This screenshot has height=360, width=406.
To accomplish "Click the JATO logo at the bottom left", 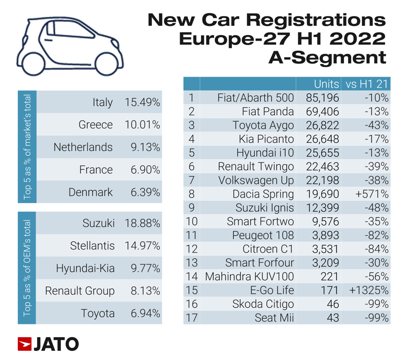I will tap(48, 344).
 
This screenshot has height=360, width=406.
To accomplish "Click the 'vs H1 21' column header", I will tap(366, 84).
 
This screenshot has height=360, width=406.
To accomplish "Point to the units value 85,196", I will tap(323, 97).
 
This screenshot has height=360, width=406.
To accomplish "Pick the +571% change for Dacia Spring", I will tap(373, 194).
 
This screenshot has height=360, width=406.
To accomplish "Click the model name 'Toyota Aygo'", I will tap(263, 125).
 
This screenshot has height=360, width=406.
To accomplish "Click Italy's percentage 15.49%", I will tap(142, 102).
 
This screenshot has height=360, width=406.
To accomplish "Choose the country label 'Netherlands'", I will tap(83, 147).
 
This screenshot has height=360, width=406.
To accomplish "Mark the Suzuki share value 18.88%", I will tap(142, 223).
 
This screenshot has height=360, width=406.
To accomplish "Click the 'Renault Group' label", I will tap(80, 291).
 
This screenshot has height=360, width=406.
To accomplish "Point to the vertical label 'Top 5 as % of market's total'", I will tap(27, 147).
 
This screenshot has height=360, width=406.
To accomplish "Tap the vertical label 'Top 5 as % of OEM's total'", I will tap(27, 268).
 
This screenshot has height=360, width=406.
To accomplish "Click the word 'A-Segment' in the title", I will tap(327, 57).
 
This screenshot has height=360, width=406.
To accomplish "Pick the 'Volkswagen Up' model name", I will tap(256, 180).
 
